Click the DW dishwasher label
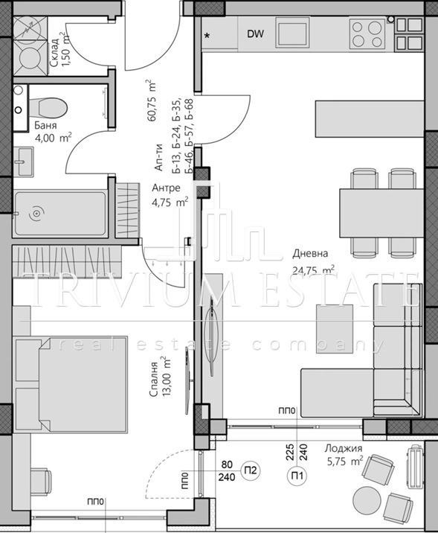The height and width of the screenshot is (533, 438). tap(255, 33)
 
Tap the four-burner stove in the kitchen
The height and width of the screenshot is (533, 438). tap(367, 33)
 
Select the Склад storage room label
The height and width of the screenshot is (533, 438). tap(57, 50)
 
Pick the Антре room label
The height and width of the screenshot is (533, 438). tap(165, 188)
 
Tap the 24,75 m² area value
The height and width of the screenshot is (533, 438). tap(312, 270)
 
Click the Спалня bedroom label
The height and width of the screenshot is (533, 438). tap(153, 380)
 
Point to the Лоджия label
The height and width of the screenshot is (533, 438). tap(343, 448)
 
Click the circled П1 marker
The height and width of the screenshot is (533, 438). tap(296, 476)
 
